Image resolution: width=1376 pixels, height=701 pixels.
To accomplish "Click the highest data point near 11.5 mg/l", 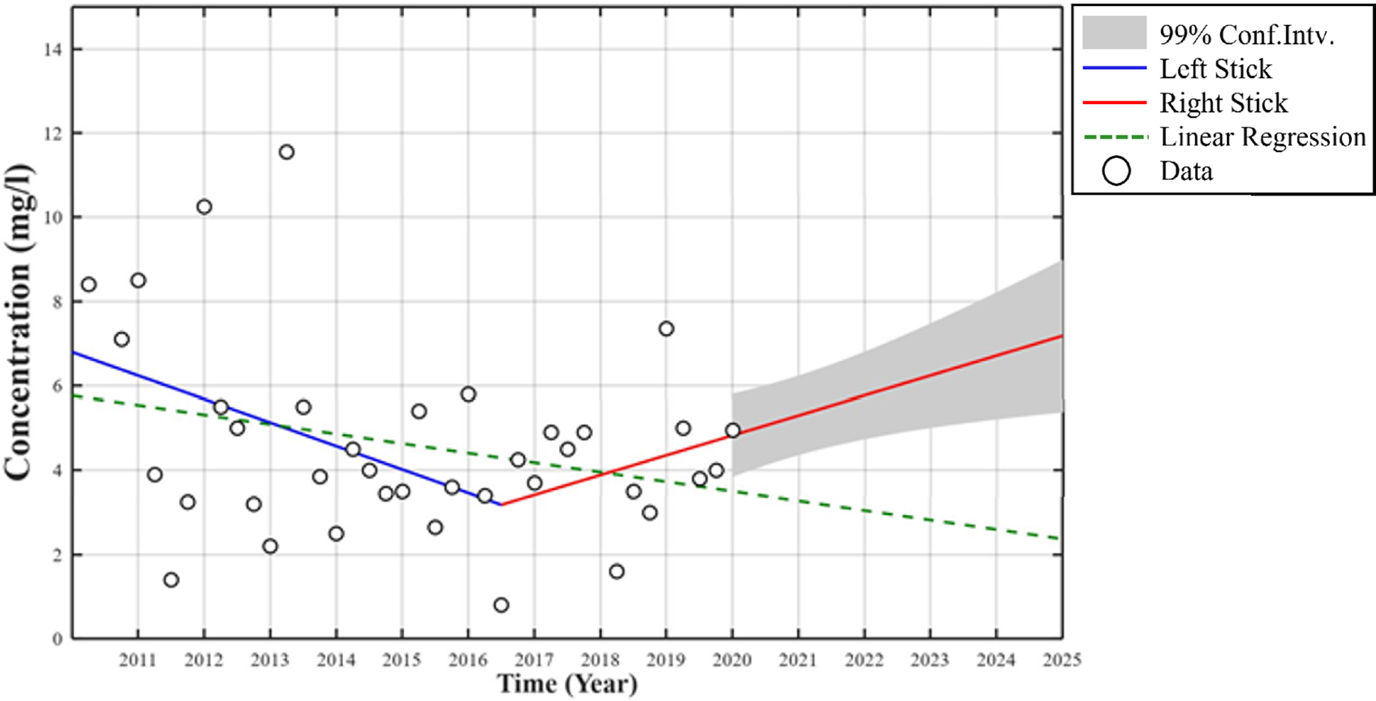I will click(x=286, y=152).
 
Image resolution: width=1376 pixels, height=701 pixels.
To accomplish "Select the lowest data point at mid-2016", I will click(x=501, y=605).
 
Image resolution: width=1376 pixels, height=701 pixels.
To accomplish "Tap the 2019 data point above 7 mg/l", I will click(x=666, y=329).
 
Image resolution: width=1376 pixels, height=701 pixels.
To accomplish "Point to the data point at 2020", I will click(x=733, y=430).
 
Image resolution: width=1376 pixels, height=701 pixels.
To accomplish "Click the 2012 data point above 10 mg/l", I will click(x=204, y=207).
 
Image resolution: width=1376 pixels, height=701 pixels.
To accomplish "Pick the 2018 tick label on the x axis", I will click(x=600, y=661).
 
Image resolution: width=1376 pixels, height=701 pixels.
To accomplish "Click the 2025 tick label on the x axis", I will click(x=1061, y=661).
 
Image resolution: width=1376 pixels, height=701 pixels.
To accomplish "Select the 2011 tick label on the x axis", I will click(x=138, y=661).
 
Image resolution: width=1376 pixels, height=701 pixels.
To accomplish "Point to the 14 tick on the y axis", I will click(x=53, y=50).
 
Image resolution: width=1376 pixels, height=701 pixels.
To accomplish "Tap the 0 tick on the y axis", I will click(x=58, y=639).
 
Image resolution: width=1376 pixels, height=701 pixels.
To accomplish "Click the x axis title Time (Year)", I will click(x=567, y=684).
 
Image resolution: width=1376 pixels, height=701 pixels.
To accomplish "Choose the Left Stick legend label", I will click(x=1215, y=69).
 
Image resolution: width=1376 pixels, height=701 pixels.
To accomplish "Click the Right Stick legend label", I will click(x=1223, y=103).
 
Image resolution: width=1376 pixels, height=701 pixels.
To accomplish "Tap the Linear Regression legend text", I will click(x=1262, y=137).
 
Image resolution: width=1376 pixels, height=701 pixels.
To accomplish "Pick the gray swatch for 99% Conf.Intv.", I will click(x=1114, y=33).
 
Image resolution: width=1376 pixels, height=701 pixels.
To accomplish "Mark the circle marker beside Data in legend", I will click(x=1116, y=171).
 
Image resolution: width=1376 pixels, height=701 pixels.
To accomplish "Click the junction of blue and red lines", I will click(x=501, y=504).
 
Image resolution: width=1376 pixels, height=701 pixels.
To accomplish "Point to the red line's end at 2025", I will click(x=1061, y=335).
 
